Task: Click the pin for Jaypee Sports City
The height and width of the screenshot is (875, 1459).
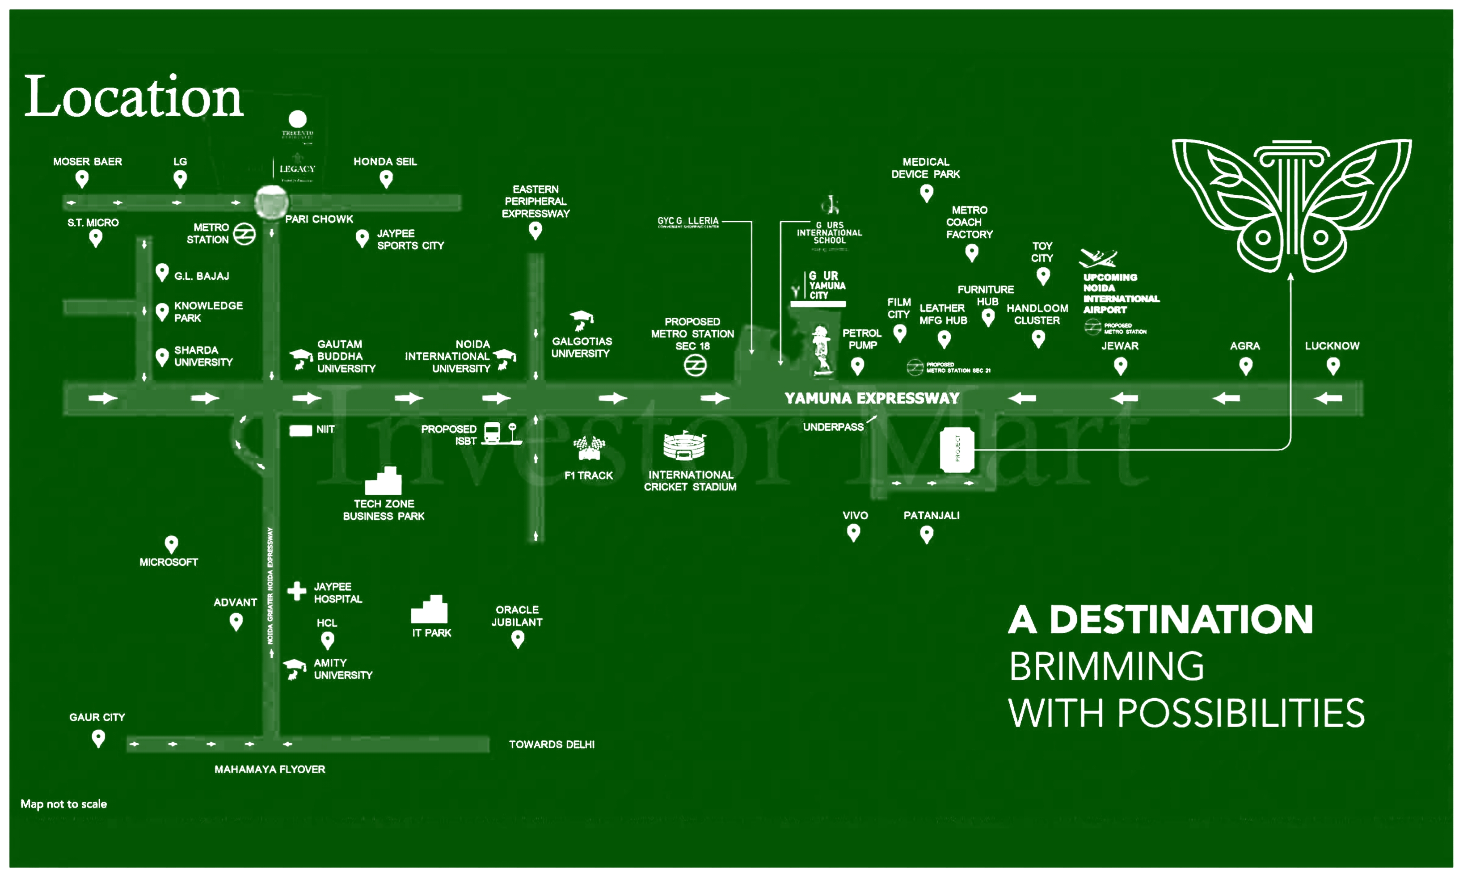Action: (362, 238)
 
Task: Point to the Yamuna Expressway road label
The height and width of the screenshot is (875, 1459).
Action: (871, 399)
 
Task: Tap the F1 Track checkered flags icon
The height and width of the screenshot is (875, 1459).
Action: (589, 448)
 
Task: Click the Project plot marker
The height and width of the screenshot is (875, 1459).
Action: (956, 450)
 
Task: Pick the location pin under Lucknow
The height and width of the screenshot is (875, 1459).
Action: (1333, 366)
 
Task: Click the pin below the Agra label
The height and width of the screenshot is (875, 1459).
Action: (1245, 366)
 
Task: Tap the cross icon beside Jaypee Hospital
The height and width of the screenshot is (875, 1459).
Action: (297, 591)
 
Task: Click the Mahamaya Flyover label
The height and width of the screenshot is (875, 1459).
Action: (270, 770)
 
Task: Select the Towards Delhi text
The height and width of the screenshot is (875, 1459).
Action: (552, 745)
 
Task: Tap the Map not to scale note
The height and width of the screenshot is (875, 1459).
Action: (63, 804)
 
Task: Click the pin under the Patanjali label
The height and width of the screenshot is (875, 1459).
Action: (927, 534)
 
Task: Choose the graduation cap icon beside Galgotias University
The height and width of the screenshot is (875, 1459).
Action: (582, 320)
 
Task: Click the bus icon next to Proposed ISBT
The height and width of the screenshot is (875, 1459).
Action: (492, 433)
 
